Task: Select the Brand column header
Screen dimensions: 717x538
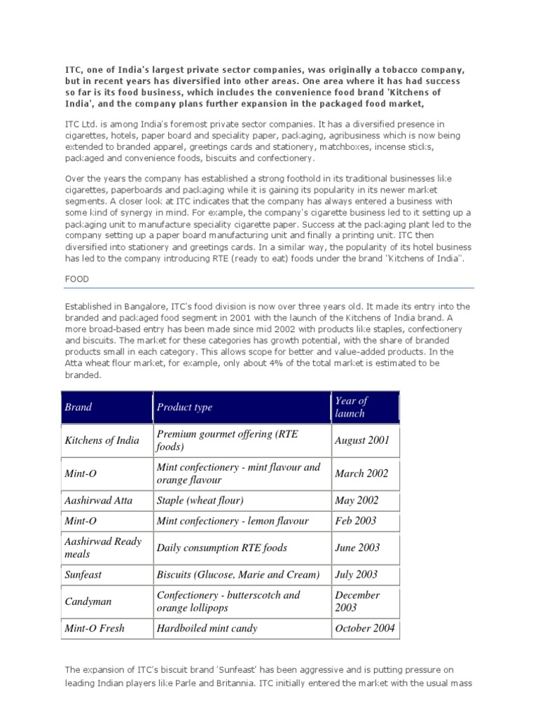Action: [x=78, y=407]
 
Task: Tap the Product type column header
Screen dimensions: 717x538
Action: [x=184, y=407]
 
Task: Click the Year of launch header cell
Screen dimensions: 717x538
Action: [x=350, y=407]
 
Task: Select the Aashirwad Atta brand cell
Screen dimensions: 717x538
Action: [x=98, y=500]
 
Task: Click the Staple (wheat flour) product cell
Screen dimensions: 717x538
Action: [x=200, y=500]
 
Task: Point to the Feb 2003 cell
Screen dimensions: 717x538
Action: [x=356, y=520]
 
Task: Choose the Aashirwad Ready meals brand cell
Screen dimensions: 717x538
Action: [x=103, y=548]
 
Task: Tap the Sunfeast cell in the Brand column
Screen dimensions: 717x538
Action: [x=83, y=574]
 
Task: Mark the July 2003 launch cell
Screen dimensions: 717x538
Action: [x=357, y=574]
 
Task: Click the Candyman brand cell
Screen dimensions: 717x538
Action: [x=88, y=601]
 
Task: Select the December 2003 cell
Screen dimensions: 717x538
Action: [x=358, y=601]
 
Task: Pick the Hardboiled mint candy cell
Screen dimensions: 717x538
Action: [x=207, y=628]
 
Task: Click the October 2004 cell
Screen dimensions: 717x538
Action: [x=364, y=628]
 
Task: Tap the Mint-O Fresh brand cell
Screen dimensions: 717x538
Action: [x=95, y=628]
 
